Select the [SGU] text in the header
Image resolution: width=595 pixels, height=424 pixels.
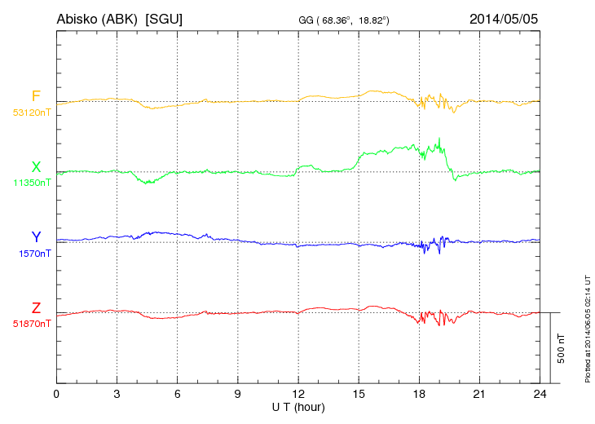(x=163, y=18)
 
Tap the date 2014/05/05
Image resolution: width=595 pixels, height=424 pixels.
(x=504, y=18)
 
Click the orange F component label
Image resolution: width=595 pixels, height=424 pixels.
(x=36, y=96)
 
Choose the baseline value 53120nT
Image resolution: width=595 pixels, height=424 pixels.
(x=32, y=113)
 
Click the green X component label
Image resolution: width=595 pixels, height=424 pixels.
(x=36, y=167)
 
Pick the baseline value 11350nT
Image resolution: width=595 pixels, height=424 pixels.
(x=32, y=183)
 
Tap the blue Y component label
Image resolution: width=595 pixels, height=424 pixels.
(x=36, y=237)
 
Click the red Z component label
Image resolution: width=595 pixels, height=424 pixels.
(x=36, y=307)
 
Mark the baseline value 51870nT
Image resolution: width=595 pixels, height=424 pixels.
(x=32, y=324)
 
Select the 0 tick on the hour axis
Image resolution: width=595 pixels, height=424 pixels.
(x=56, y=394)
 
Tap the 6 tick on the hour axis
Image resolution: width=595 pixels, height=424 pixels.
(x=177, y=394)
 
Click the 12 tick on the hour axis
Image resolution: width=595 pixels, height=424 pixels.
(x=298, y=394)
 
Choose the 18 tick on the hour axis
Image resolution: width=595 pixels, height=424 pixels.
(x=419, y=394)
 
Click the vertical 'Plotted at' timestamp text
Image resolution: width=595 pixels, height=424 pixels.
(x=587, y=326)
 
